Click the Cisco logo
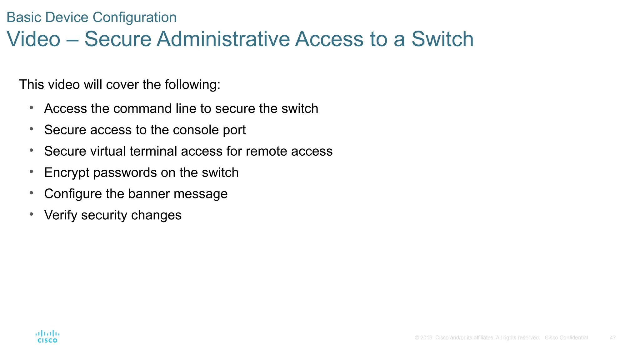click(47, 337)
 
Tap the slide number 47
click(612, 338)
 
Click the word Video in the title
click(33, 39)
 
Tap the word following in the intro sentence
click(192, 85)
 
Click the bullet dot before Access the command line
click(31, 108)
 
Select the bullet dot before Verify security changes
click(31, 214)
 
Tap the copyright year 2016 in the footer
click(426, 338)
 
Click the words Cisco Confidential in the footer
click(566, 338)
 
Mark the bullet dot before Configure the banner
click(31, 193)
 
